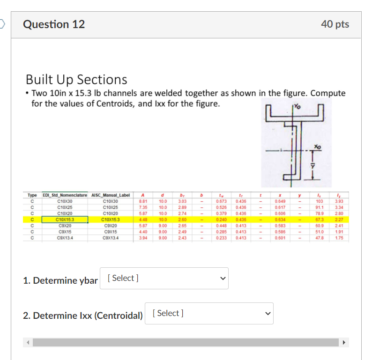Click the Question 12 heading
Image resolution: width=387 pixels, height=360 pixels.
tap(54, 24)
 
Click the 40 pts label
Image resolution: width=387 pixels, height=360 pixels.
tap(335, 24)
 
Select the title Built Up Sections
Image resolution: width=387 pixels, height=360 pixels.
tap(76, 79)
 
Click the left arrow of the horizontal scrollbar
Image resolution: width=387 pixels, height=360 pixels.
tap(28, 343)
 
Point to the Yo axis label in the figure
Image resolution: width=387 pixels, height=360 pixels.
tap(298, 106)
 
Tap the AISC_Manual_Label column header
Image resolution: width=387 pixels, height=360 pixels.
tap(111, 195)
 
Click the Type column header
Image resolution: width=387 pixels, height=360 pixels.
tap(32, 195)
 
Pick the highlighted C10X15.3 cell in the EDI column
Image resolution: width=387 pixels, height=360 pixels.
tap(65, 219)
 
